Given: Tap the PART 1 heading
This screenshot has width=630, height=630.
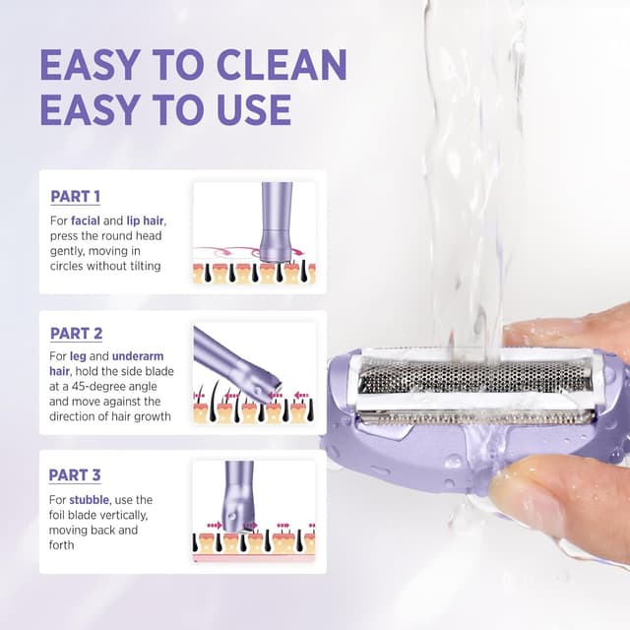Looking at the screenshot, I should coord(75,196).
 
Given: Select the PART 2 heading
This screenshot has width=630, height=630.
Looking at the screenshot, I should coord(76,334).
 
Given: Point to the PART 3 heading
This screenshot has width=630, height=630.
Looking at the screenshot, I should coord(75,475).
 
